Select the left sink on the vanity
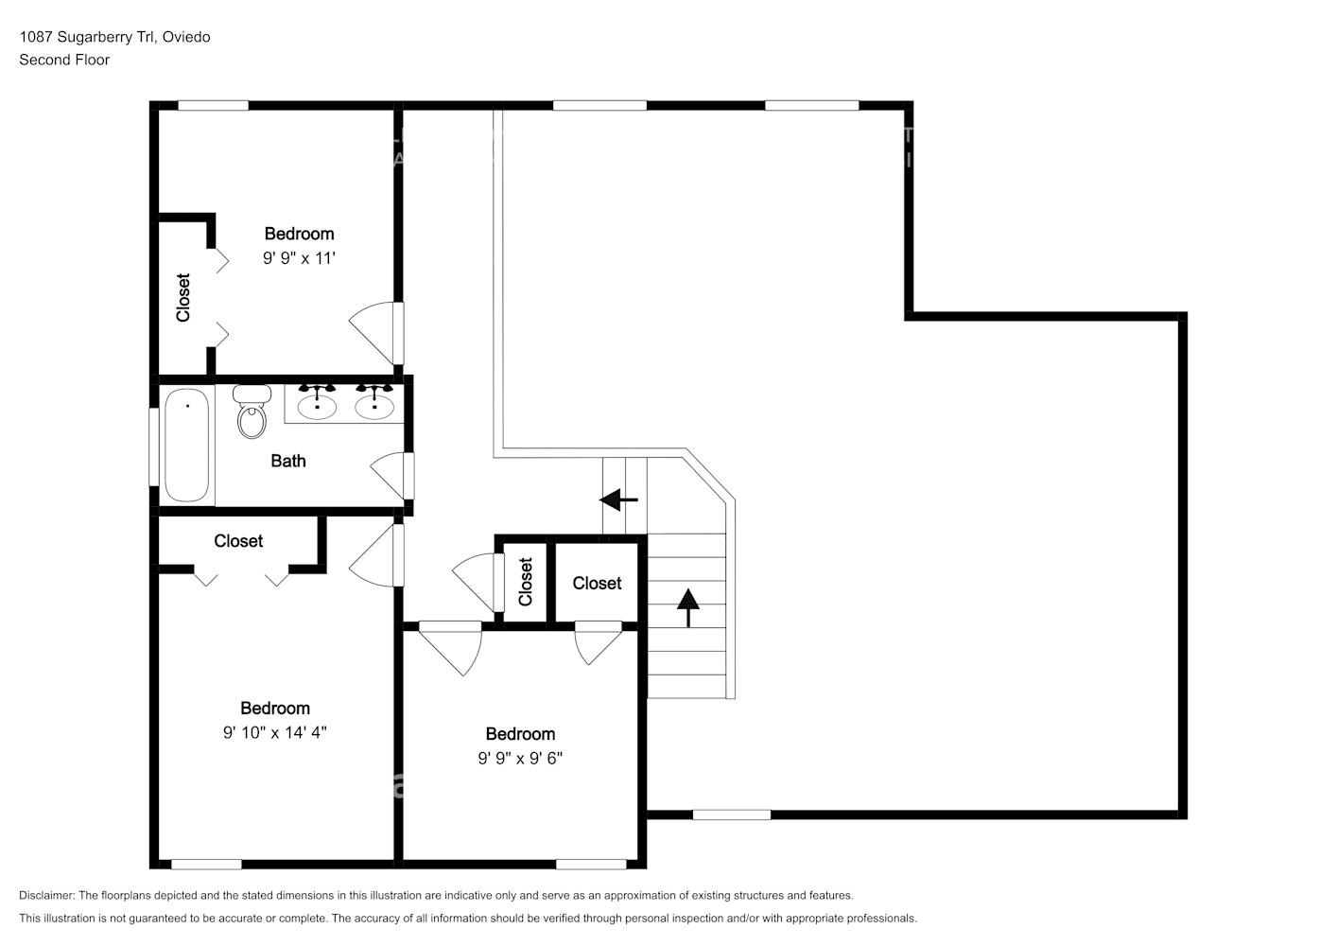tap(317, 405)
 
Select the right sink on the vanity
tap(374, 405)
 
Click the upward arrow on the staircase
tap(688, 606)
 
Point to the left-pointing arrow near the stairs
tap(619, 499)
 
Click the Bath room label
tap(288, 461)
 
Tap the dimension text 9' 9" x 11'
tap(299, 257)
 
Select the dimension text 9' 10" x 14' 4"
tap(274, 732)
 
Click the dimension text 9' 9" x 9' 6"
tap(520, 758)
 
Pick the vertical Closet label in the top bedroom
tap(183, 297)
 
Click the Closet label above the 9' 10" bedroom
tap(238, 541)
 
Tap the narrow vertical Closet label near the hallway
tap(526, 581)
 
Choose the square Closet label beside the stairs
tap(597, 583)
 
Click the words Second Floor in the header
tap(64, 60)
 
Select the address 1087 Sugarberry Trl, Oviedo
tap(114, 37)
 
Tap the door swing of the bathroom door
tap(390, 474)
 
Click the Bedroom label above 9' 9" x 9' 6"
tap(520, 734)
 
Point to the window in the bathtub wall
tap(153, 446)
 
